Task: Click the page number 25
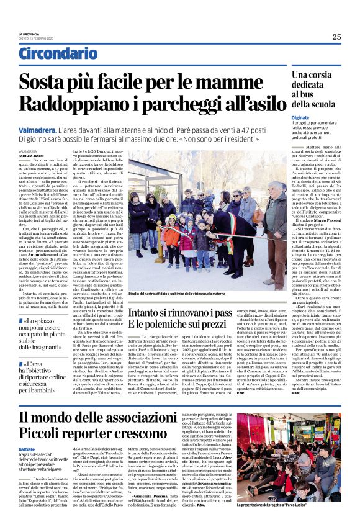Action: point(336,37)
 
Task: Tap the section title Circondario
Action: point(58,54)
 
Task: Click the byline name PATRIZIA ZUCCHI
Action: point(29,155)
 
